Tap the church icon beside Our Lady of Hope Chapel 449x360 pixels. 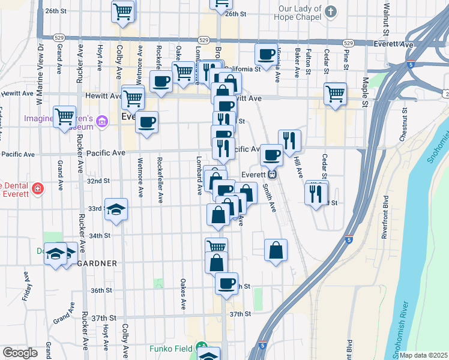(330, 11)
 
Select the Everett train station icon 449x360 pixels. (272, 175)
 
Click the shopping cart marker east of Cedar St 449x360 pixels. (335, 93)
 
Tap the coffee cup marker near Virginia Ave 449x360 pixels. (265, 54)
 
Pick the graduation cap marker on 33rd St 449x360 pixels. (116, 209)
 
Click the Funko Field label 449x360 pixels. (171, 348)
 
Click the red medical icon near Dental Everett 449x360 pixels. (37, 189)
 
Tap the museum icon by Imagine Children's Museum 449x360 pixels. (102, 122)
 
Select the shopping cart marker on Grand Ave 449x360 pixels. (64, 116)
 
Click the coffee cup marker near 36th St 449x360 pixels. (226, 283)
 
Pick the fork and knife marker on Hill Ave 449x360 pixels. (289, 140)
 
